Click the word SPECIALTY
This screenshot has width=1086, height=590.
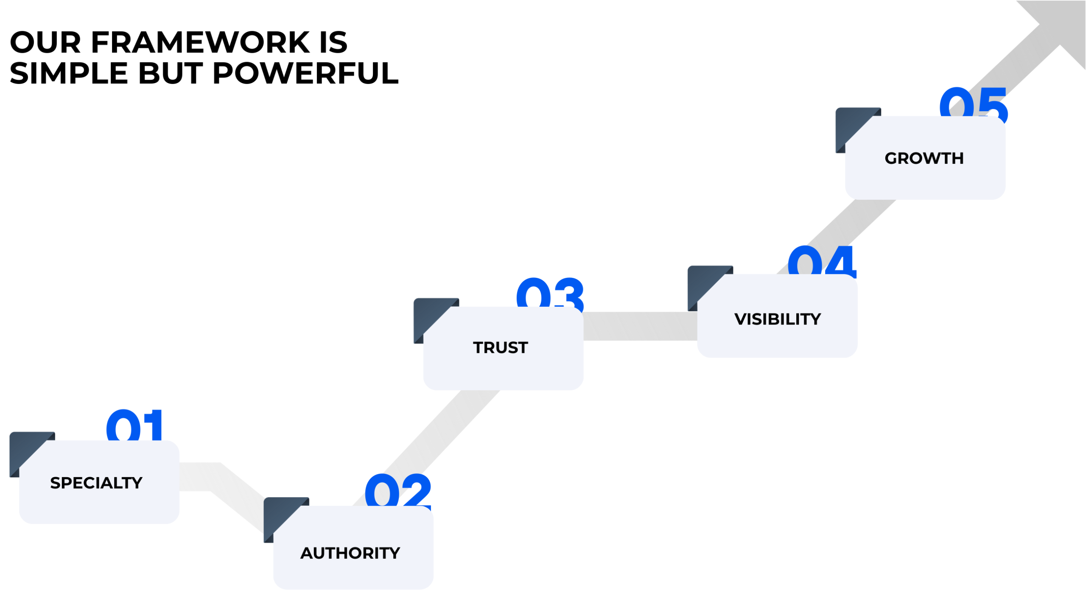[96, 483]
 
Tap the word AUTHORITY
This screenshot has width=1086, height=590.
[350, 553]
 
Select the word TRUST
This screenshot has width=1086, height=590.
[501, 347]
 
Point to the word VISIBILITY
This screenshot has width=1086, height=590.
[778, 319]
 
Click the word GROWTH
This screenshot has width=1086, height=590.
[924, 158]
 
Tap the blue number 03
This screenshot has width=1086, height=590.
[550, 293]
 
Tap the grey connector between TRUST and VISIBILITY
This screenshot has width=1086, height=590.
[640, 326]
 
